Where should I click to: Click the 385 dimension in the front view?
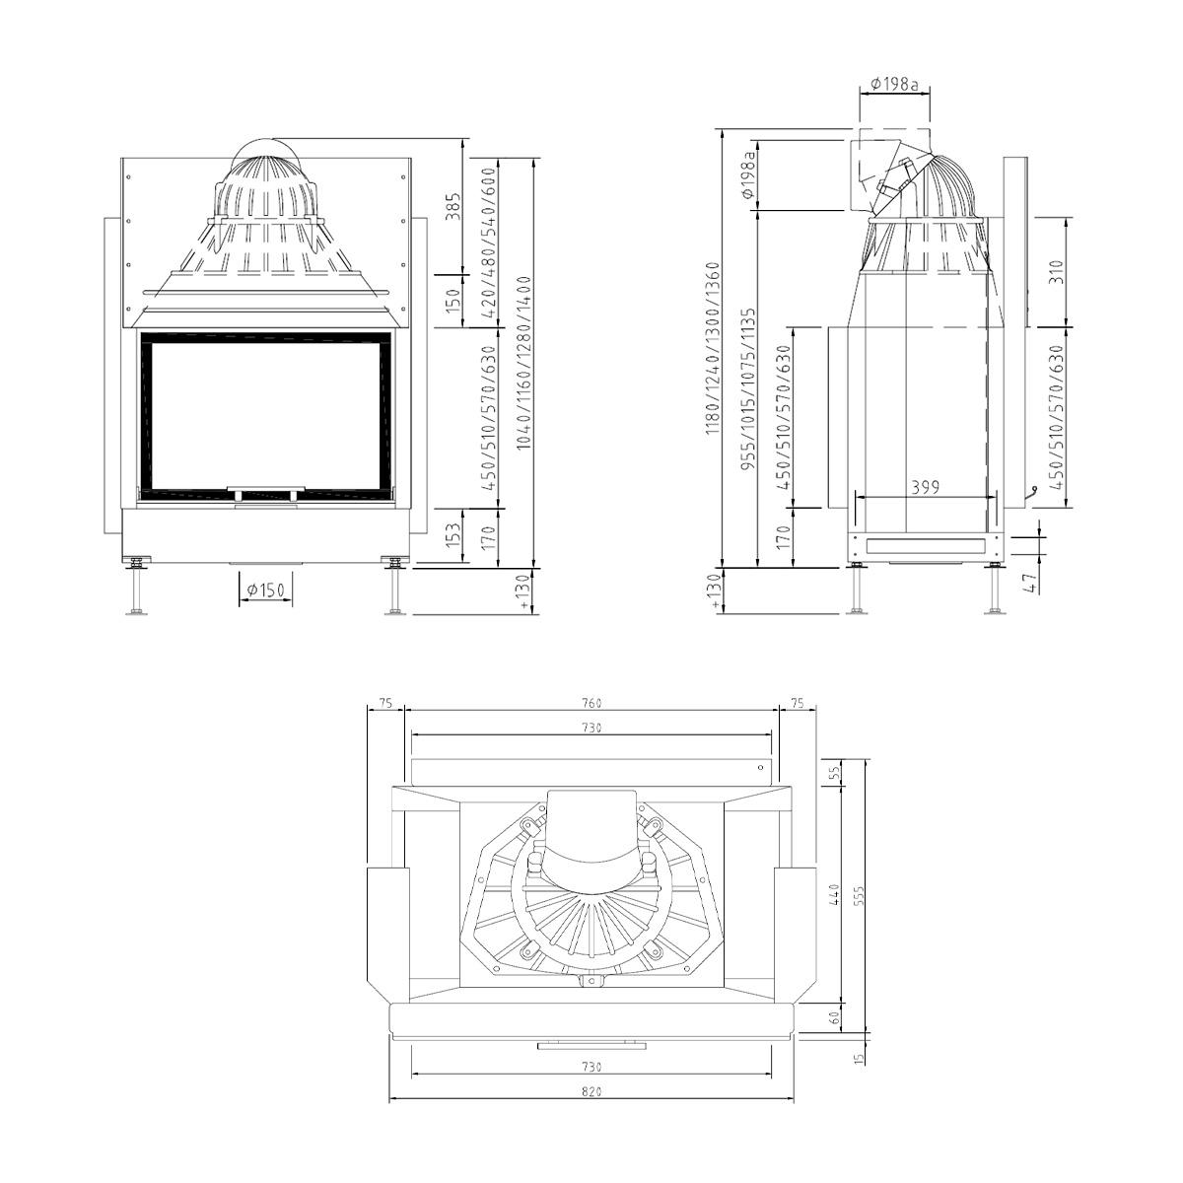pyautogui.click(x=452, y=208)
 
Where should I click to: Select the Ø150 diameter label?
pyautogui.click(x=266, y=590)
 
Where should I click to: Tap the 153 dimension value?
pyautogui.click(x=452, y=535)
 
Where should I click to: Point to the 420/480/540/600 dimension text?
pyautogui.click(x=489, y=243)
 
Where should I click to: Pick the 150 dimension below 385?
pyautogui.click(x=452, y=301)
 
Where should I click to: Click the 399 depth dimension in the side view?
pyautogui.click(x=925, y=487)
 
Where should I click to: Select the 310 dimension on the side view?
pyautogui.click(x=1056, y=272)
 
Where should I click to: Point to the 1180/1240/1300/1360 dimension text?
pyautogui.click(x=712, y=349)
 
